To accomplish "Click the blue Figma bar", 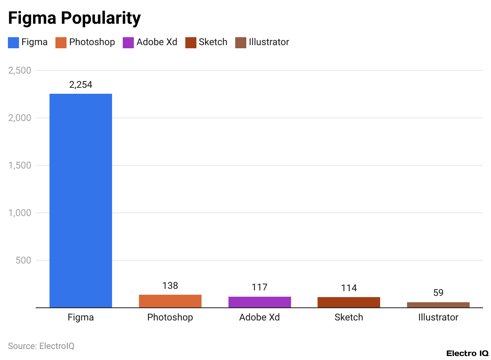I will pos(81,200).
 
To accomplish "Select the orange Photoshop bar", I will pos(170,301).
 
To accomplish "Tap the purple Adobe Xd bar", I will pos(260,302).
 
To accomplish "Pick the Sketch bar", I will pos(349,302).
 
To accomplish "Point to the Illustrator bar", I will pos(438,305).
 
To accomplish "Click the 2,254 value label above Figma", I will pos(81,85).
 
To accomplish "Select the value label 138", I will pos(170,286).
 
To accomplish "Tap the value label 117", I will pos(260,287).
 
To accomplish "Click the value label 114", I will pos(349,288).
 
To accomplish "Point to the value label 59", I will pos(438,293).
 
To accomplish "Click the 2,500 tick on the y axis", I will pos(19,70).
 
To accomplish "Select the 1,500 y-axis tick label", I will pos(19,165).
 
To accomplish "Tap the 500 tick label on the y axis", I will pos(23,260).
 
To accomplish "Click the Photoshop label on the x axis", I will pos(170,317).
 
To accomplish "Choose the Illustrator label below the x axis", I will pos(438,317).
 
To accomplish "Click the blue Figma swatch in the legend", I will pos(13,42).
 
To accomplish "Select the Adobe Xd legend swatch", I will pos(128,42).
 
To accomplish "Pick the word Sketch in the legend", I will pos(213,42).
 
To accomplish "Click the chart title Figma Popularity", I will pos(74,18).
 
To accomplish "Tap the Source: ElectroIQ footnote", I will pos(41,346).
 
